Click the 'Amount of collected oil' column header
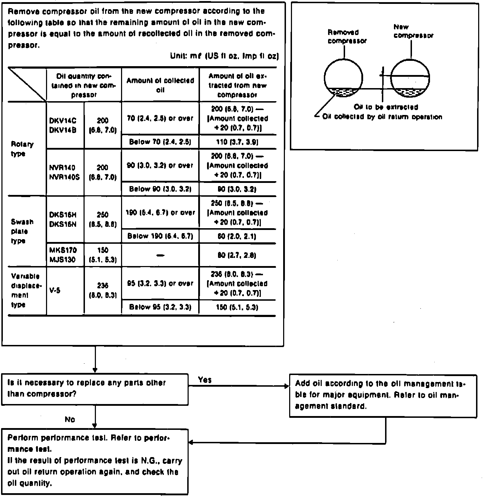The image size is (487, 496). (x=160, y=85)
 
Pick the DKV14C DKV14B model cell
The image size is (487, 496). (x=63, y=125)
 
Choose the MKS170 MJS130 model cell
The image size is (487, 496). (x=63, y=255)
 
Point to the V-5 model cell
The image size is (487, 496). (x=55, y=290)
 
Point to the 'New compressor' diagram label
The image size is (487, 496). (x=413, y=31)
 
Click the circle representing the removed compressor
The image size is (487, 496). (x=343, y=78)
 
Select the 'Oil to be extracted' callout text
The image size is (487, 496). (x=386, y=107)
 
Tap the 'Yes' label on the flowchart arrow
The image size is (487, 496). (x=205, y=380)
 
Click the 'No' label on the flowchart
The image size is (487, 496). (x=70, y=420)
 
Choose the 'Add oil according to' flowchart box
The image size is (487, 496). (x=383, y=396)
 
